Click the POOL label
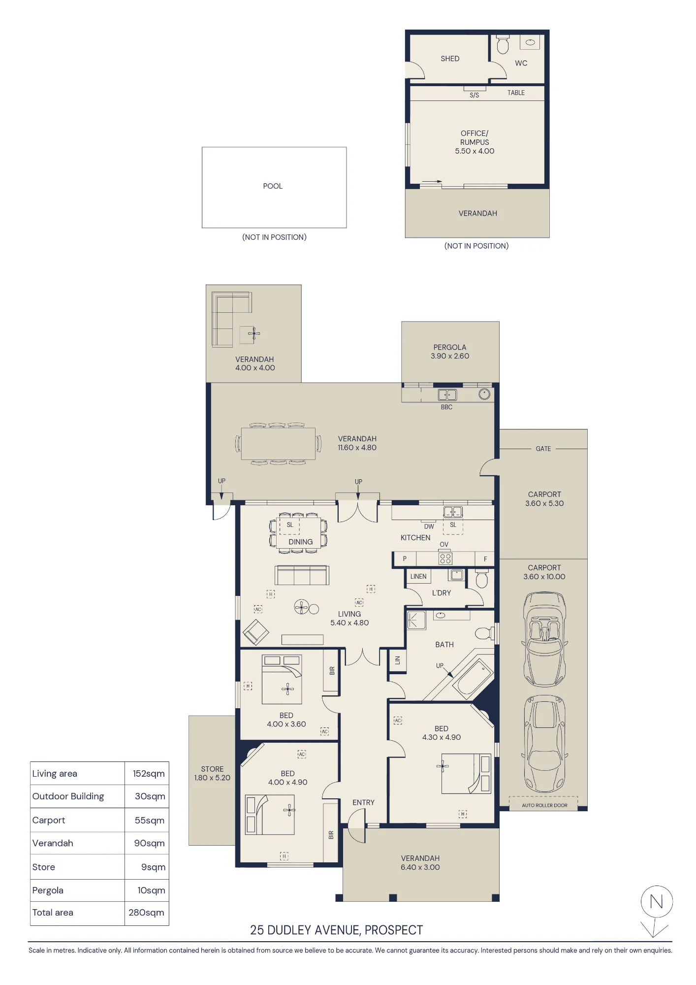click(x=273, y=186)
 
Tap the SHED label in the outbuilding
click(x=450, y=59)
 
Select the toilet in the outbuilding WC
click(x=503, y=44)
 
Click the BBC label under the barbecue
click(x=446, y=407)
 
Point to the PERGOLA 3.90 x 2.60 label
click(x=450, y=352)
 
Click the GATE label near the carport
click(x=543, y=449)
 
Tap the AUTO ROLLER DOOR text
click(x=544, y=805)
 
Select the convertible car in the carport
click(x=544, y=639)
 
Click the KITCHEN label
click(x=415, y=538)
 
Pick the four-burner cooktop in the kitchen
click(x=445, y=558)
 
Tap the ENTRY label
click(x=363, y=803)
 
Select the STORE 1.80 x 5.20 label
click(x=212, y=773)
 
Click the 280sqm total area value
click(x=146, y=913)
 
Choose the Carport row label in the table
click(x=49, y=820)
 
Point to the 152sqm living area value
click(x=149, y=774)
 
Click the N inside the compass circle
click(x=656, y=902)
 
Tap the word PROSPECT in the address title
click(x=394, y=930)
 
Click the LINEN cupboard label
click(x=418, y=576)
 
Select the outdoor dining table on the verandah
click(x=278, y=444)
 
